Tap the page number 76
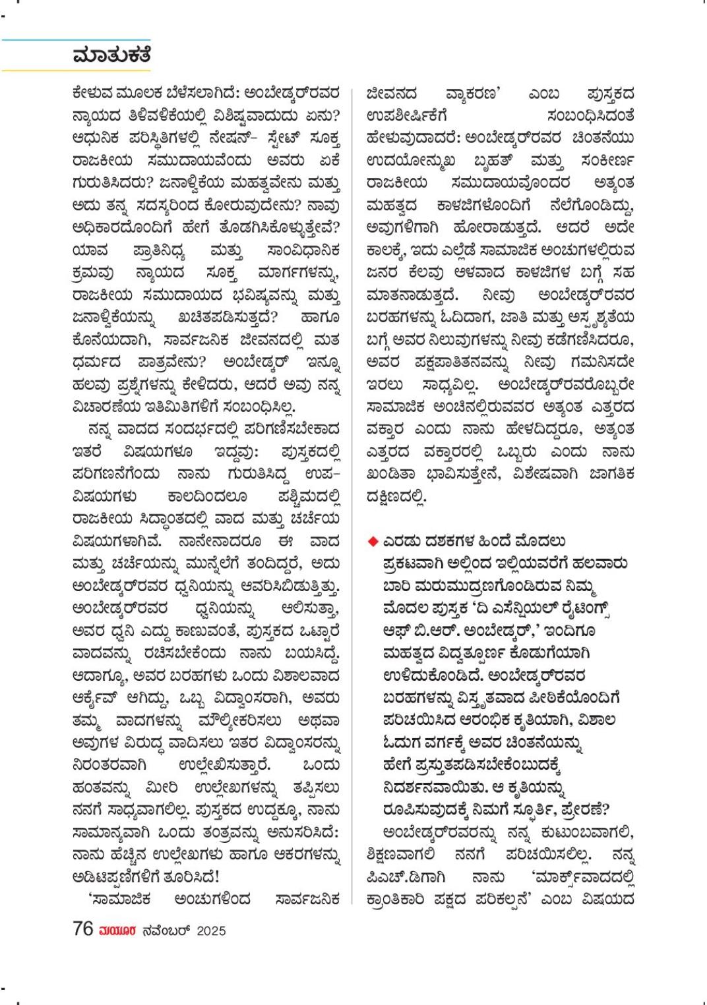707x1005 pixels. [83, 929]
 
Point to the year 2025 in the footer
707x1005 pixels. [211, 931]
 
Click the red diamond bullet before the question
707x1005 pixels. [373, 541]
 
